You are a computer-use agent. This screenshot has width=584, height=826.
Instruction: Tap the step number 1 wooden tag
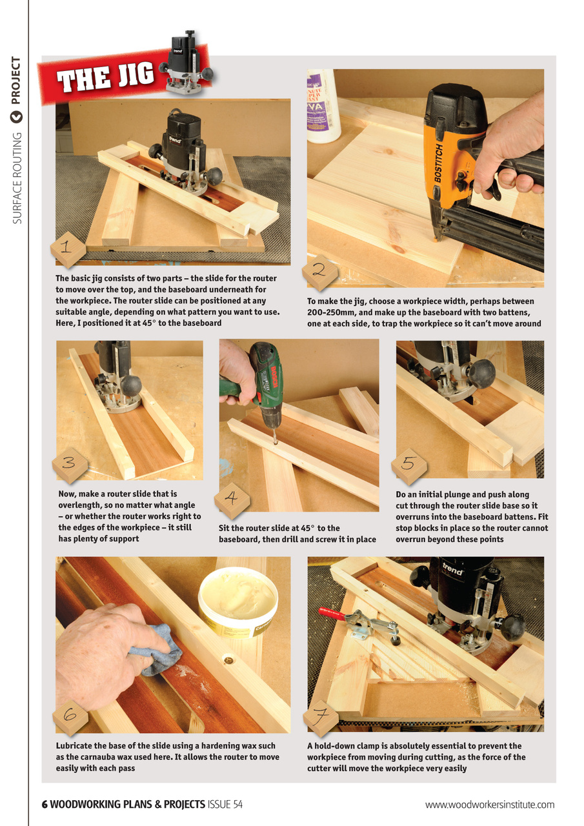tap(68, 249)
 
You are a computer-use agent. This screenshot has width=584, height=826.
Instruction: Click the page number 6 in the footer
tap(45, 804)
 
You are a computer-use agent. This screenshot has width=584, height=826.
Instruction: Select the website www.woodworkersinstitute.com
tap(490, 804)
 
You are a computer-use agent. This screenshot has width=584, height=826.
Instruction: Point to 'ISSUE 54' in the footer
tap(225, 804)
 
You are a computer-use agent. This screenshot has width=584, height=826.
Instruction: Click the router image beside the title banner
tap(188, 61)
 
